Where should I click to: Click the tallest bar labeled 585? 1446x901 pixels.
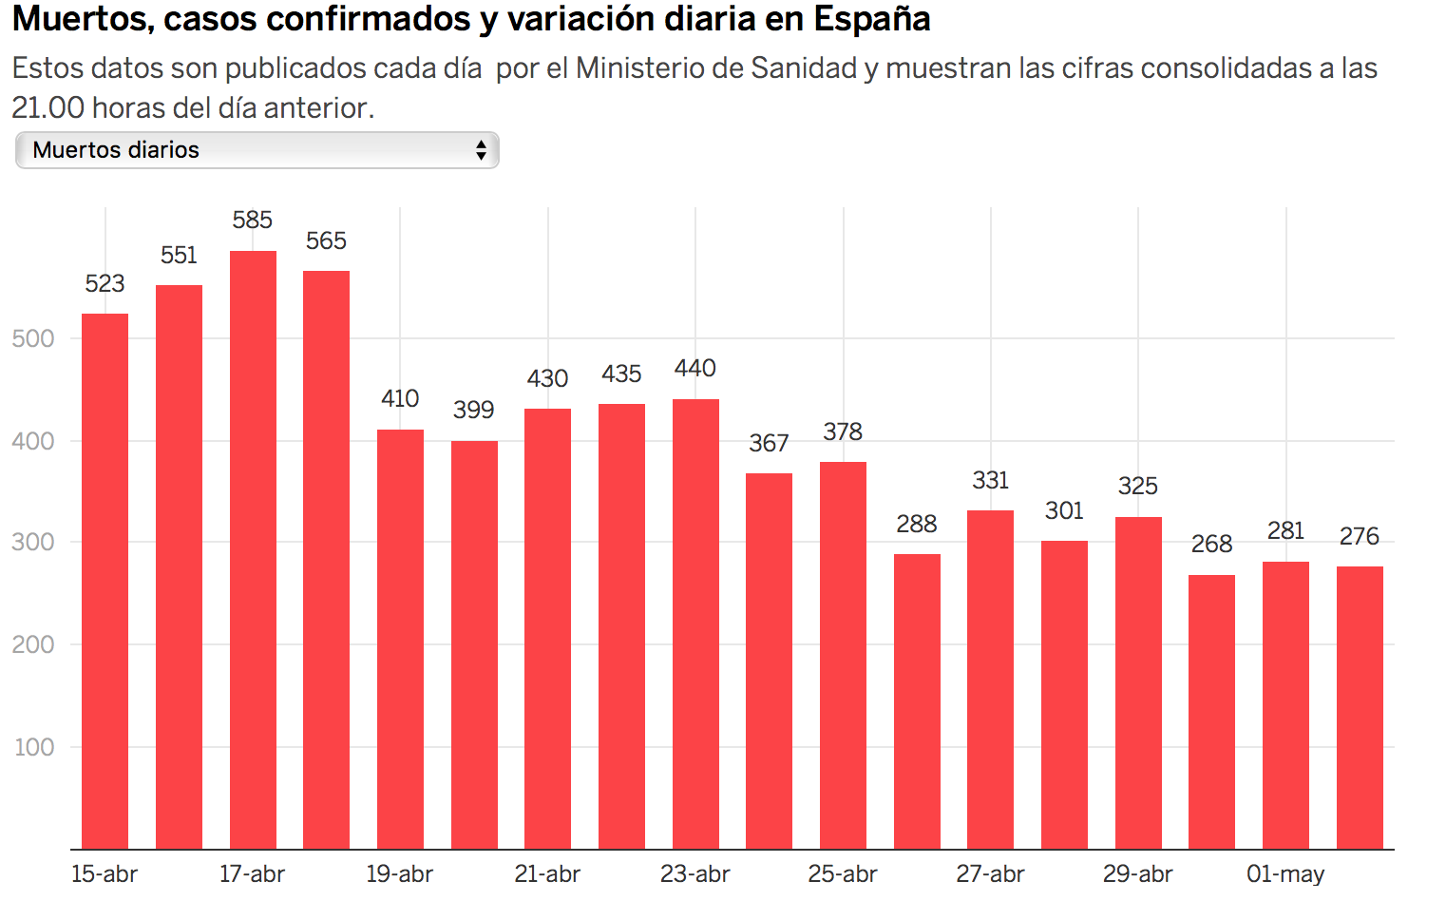coord(253,549)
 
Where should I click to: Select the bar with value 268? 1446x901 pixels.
coord(1211,712)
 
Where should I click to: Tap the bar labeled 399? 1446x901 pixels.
coord(474,645)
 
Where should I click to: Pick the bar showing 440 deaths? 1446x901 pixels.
coord(695,623)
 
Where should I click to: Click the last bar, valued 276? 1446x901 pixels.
coord(1360,708)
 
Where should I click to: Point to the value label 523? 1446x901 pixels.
coord(105,283)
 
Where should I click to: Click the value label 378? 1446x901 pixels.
coord(843,431)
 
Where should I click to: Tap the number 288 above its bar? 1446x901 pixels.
coord(917,524)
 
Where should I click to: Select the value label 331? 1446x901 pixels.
coord(990,481)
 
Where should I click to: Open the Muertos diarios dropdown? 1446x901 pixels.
coord(257,150)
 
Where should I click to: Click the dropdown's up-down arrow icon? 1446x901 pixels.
coord(481,150)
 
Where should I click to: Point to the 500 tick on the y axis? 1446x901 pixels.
coord(33,338)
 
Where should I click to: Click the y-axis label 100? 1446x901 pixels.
coord(34,747)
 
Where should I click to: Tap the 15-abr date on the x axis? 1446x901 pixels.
coord(104,873)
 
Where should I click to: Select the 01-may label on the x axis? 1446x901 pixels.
coord(1285,874)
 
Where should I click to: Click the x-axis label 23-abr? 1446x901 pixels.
coord(694,873)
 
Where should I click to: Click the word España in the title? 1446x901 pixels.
coord(871,18)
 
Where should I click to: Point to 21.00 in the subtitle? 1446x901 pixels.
coord(48,107)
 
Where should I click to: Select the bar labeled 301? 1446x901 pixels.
coord(1064,695)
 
